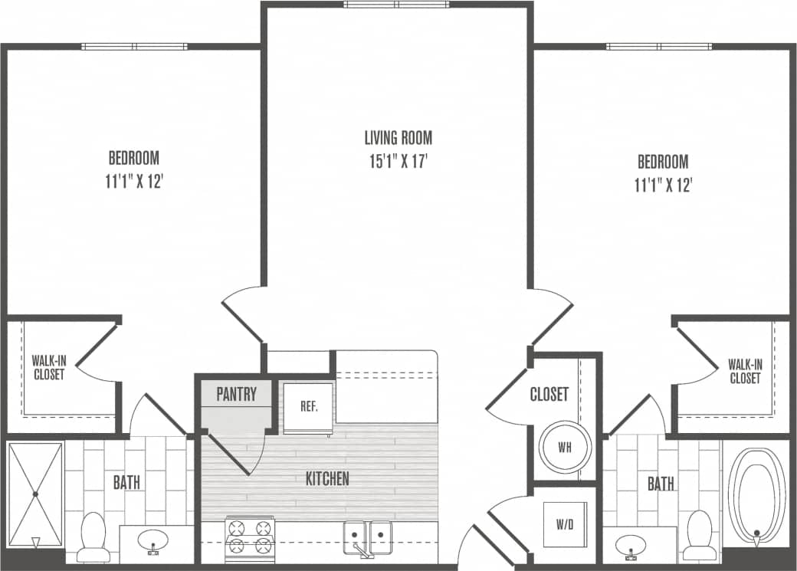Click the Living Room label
click(x=398, y=138)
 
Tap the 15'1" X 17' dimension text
click(x=398, y=162)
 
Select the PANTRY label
click(x=236, y=395)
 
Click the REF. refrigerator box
click(x=308, y=407)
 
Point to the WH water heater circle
click(x=565, y=447)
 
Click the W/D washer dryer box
click(x=565, y=525)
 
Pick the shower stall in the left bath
click(x=35, y=494)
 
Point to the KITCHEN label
click(x=327, y=479)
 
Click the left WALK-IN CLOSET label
click(x=48, y=367)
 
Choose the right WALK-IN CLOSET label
click(x=745, y=371)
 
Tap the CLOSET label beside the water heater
click(x=549, y=395)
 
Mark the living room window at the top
click(x=396, y=5)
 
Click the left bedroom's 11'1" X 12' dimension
click(x=134, y=182)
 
